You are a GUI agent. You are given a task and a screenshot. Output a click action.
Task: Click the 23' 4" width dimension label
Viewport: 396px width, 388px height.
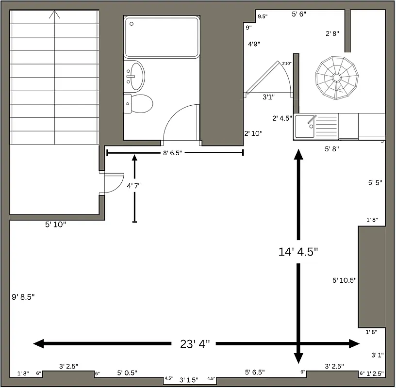point(195,344)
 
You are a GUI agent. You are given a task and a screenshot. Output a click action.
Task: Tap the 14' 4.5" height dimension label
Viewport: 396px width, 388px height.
point(298,252)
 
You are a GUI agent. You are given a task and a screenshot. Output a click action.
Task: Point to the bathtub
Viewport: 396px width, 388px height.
point(162,37)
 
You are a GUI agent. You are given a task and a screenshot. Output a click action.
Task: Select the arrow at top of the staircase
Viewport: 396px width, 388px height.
point(54,15)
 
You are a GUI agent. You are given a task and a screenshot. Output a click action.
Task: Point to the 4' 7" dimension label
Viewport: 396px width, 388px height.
point(134,186)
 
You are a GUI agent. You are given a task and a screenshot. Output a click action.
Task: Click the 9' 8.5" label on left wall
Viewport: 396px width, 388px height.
point(23,296)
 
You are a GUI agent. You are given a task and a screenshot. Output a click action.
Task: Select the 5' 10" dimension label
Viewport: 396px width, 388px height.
point(55,225)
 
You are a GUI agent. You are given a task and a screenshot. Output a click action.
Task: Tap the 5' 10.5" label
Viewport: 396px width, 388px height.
point(345,280)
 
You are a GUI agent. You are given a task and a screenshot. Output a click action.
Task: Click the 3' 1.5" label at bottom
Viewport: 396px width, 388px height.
point(189,380)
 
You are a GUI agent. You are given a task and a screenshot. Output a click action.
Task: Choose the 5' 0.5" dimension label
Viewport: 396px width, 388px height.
point(127,373)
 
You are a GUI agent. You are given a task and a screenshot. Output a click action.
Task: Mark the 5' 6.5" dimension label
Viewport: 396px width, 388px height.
point(255,372)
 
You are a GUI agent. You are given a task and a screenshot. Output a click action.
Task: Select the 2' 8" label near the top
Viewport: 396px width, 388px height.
point(332,33)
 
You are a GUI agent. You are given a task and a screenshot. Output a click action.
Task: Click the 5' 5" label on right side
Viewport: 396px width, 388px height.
point(375,183)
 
